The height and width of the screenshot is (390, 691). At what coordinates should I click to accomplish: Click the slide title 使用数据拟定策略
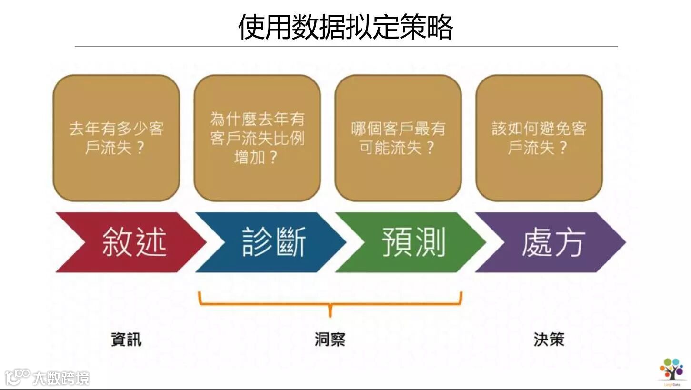tap(345, 27)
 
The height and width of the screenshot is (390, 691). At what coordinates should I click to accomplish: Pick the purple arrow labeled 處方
tap(552, 242)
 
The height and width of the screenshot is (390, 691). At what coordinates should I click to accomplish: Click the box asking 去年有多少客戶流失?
tap(116, 138)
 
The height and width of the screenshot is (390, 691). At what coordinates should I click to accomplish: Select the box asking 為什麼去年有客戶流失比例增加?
tap(257, 138)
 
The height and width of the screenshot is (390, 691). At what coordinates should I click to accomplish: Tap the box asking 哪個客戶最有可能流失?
tap(398, 138)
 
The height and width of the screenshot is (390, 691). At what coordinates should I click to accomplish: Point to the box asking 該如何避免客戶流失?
tap(539, 138)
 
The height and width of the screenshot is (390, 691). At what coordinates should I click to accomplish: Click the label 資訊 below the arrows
tap(126, 340)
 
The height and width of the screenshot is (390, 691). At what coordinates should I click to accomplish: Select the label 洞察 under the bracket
tap(330, 340)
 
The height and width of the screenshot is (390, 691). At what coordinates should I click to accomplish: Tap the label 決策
tap(549, 340)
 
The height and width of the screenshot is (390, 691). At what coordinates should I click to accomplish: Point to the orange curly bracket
tap(330, 302)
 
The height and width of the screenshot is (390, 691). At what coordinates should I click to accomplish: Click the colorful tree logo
tap(671, 369)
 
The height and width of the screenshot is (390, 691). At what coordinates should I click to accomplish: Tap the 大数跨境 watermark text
tap(61, 379)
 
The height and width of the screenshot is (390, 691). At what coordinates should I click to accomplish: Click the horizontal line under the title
tap(346, 47)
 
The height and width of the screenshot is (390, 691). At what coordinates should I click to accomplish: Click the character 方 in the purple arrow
tap(570, 242)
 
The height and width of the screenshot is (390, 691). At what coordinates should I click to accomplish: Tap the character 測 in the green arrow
tap(430, 242)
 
